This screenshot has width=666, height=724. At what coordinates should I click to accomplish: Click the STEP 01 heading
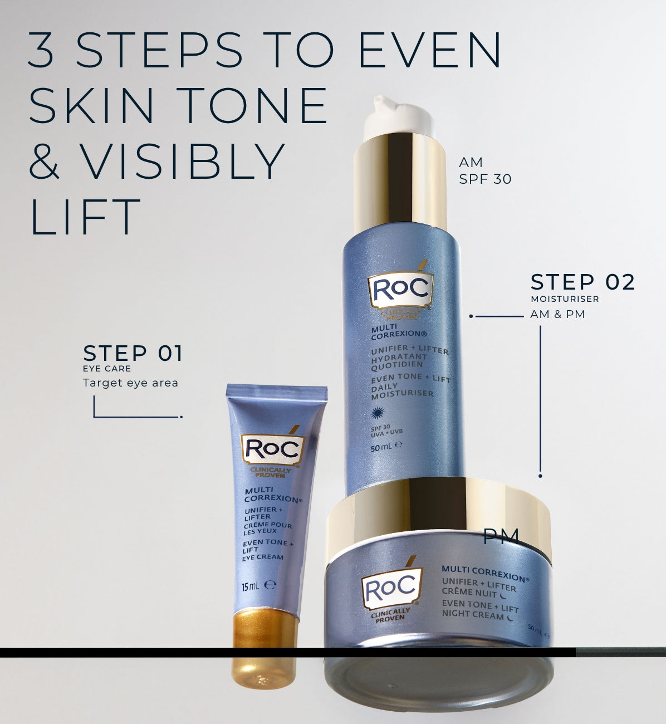(133, 353)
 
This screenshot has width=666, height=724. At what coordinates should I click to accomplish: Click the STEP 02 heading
(582, 282)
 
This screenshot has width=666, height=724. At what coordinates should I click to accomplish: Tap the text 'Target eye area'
(130, 383)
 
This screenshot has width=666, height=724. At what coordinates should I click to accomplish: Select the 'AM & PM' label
(557, 314)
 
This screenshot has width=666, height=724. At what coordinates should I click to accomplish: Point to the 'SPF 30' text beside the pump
(485, 179)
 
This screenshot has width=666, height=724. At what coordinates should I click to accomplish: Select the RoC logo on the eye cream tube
(272, 449)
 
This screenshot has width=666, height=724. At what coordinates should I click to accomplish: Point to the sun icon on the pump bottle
(378, 413)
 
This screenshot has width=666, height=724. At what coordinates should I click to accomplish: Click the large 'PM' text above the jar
(501, 536)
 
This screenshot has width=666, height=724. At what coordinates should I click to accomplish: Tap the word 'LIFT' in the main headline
(86, 217)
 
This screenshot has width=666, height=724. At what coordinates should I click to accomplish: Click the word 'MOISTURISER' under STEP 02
(565, 299)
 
